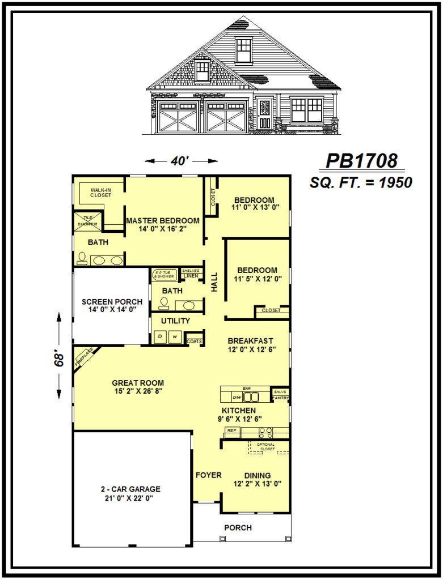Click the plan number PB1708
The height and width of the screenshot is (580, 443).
coord(361,161)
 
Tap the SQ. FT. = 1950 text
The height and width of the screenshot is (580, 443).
coord(361,183)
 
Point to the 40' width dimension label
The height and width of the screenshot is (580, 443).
coord(180,161)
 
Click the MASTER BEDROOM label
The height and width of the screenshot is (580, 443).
coord(162,224)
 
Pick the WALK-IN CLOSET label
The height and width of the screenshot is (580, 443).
coord(100,192)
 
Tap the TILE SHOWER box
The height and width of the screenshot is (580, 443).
coord(87,221)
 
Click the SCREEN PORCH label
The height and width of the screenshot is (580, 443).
coord(112,305)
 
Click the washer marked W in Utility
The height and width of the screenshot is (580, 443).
coord(175,337)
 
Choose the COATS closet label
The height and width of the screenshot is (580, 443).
coord(195,342)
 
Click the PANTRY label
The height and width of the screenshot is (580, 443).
coord(280,398)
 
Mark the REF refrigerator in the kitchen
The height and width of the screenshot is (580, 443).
coord(231,431)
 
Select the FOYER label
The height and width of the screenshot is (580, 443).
coord(209,475)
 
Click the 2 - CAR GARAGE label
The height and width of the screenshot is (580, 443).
coord(130,493)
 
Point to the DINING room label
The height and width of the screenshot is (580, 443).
coord(257,479)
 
